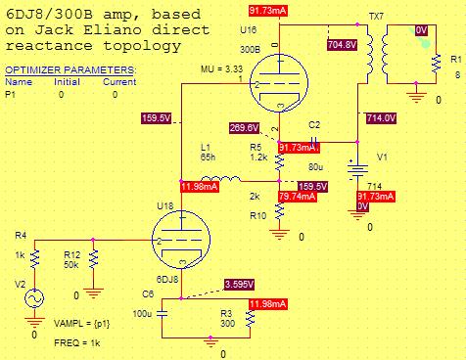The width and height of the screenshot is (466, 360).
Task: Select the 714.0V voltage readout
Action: point(382,117)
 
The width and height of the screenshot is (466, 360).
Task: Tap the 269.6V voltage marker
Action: point(244,128)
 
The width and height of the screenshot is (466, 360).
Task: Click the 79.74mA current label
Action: point(297,196)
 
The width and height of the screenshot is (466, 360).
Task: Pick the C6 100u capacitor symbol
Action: point(163,314)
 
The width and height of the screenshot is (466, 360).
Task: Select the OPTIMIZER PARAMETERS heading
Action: point(70,70)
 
